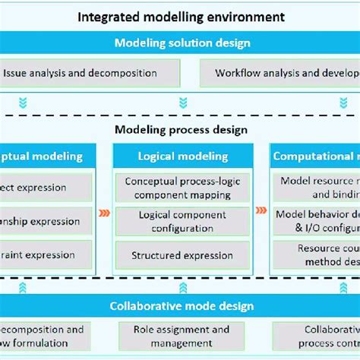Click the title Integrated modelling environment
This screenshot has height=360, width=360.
coord(182,16)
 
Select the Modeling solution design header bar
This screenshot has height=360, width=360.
coord(182,43)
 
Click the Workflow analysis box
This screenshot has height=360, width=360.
coord(281,74)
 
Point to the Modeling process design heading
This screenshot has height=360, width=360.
coord(181,130)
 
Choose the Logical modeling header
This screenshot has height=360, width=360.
coord(182,156)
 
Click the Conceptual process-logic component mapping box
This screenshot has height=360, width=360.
coord(182,188)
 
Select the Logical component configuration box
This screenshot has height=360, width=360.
coord(182,222)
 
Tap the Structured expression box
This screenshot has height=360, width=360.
coord(182,256)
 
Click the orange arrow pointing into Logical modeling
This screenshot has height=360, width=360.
coord(105,213)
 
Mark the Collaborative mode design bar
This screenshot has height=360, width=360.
coord(181,307)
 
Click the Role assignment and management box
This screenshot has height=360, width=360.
coord(182,336)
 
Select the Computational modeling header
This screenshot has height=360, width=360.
coord(316,156)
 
